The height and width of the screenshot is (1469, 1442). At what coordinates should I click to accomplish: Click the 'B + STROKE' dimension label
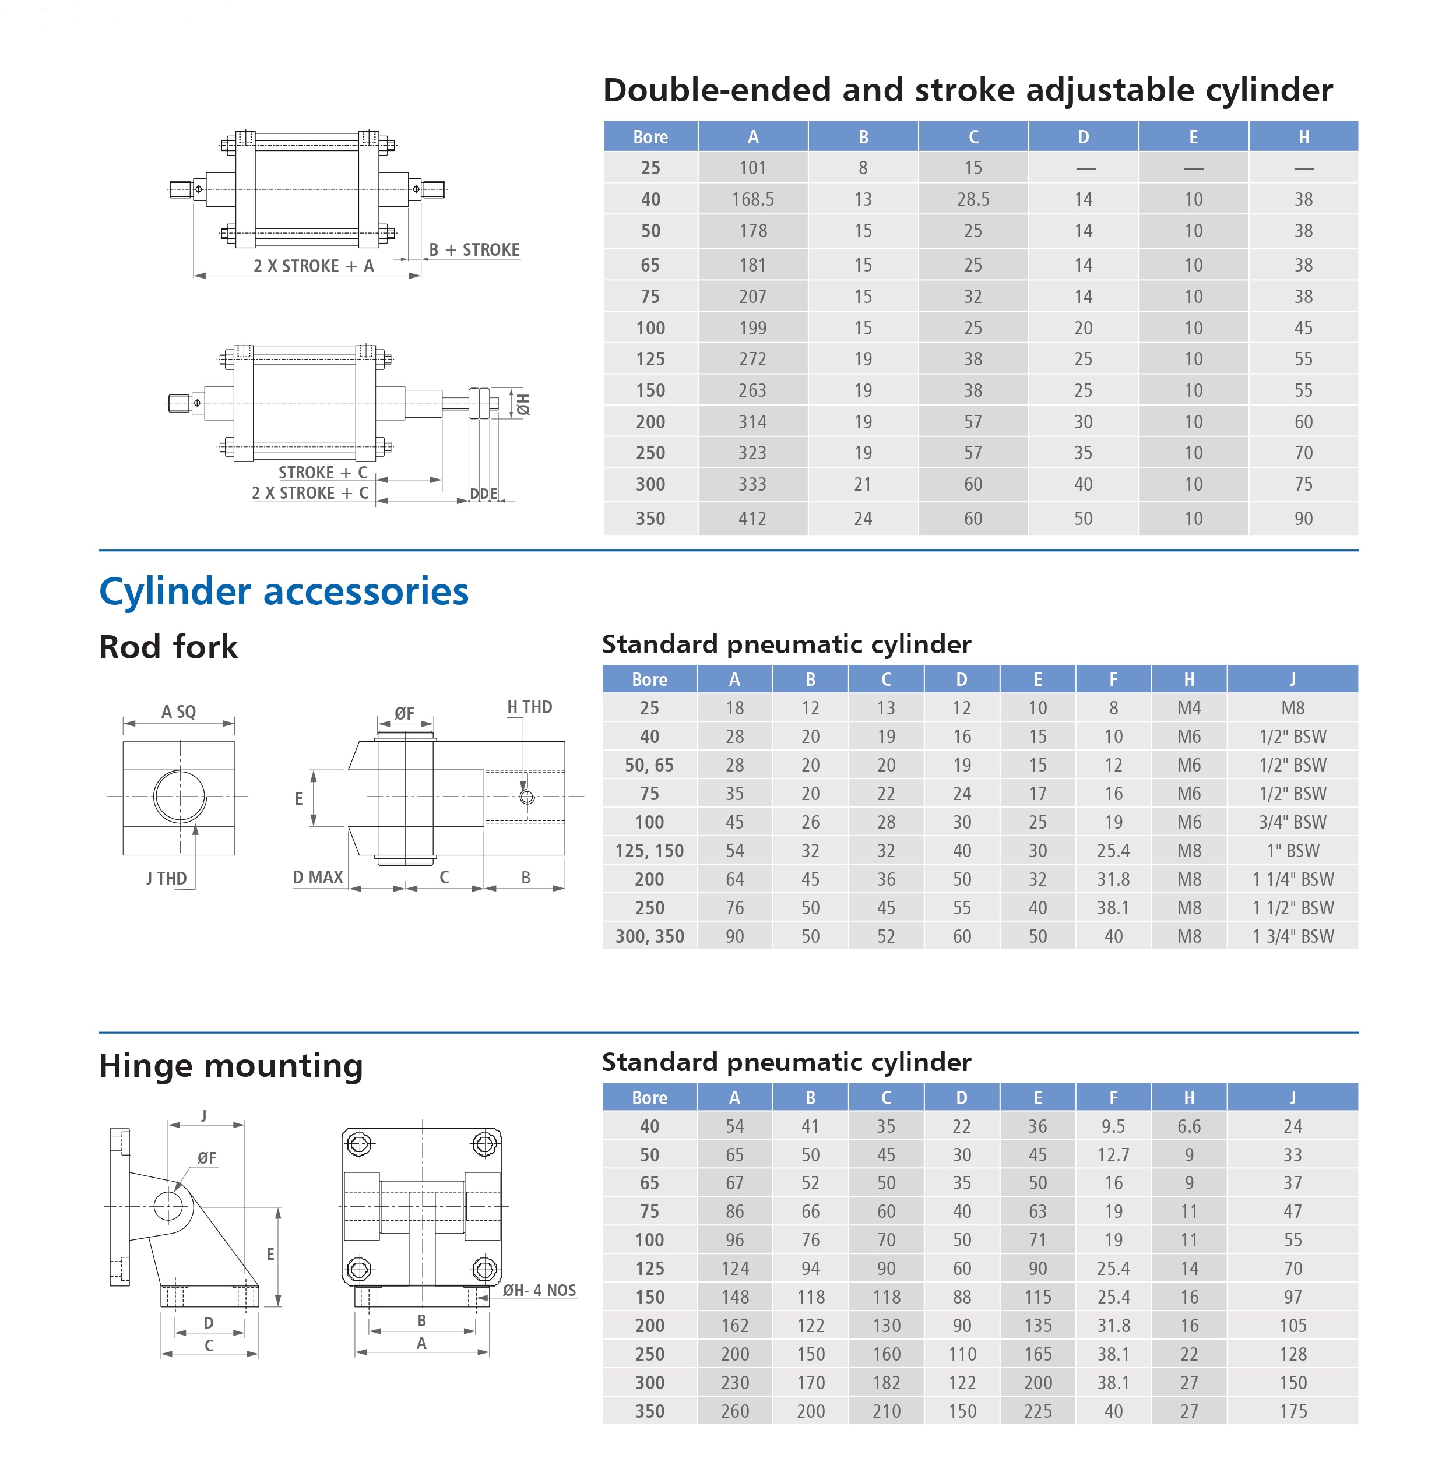coord(474,250)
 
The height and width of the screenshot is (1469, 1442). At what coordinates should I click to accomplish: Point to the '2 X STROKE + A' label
coord(314,266)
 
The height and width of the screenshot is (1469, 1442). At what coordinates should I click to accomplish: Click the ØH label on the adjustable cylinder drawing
coord(523,404)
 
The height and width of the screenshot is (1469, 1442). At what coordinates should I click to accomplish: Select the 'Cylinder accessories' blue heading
coord(284,591)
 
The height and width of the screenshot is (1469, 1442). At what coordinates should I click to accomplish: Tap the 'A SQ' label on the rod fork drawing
coord(179,712)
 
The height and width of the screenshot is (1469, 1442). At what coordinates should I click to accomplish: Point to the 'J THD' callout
coord(167,878)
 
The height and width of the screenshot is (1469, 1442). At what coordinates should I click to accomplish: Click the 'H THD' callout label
coord(529,707)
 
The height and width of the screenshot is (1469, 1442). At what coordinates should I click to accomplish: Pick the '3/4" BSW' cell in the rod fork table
coord(1292,822)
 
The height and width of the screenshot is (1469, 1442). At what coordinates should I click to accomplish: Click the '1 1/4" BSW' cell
coord(1292,879)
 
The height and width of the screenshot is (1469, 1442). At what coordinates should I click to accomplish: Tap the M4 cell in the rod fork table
coord(1188,708)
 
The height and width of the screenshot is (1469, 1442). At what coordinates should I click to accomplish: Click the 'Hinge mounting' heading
coord(231,1066)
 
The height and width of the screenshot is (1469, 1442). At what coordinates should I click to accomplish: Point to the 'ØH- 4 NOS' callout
coord(539,1290)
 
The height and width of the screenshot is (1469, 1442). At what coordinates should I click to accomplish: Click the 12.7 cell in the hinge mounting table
coord(1113,1155)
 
